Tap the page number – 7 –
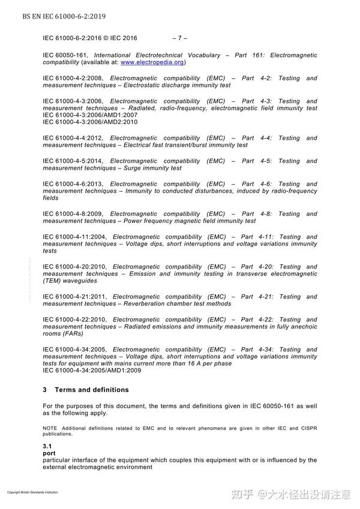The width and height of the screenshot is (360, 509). [180, 38]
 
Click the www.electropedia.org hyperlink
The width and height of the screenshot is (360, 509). [152, 62]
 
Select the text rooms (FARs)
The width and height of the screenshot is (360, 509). [63, 334]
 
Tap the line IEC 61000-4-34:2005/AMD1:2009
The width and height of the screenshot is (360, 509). [92, 371]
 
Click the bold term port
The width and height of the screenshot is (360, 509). [49, 454]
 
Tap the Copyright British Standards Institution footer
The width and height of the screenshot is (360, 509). [32, 492]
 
